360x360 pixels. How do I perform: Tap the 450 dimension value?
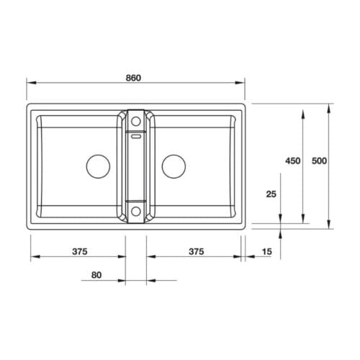[292, 161]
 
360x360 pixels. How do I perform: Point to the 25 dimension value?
[271, 194]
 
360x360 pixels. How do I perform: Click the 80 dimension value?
[97, 274]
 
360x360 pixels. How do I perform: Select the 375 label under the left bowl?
[79, 251]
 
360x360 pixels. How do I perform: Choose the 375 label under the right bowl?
[196, 251]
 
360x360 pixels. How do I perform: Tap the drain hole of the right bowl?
[174, 166]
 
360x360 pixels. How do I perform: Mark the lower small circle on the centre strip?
[135, 211]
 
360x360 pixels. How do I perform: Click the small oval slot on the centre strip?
[135, 133]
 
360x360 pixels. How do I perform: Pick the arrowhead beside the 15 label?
[248, 257]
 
